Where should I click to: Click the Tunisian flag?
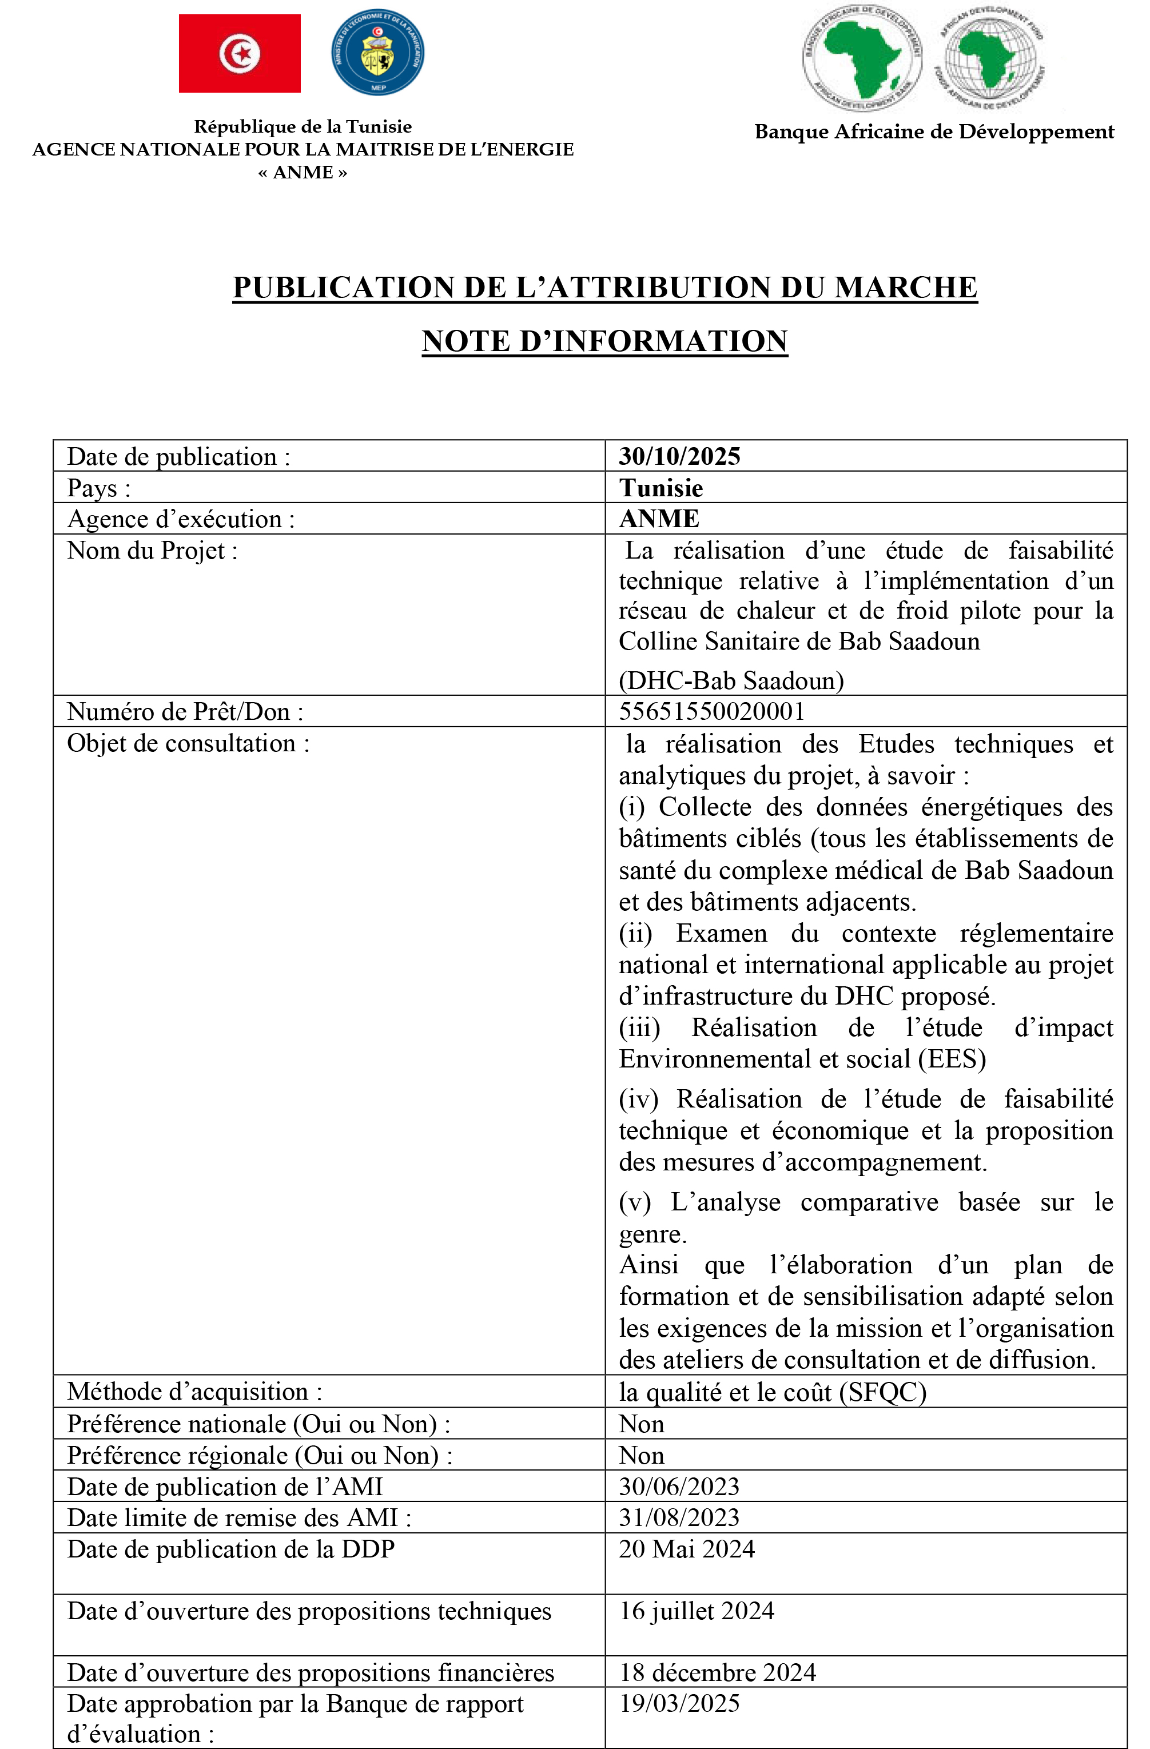pos(240,54)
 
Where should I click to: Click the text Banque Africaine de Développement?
pos(934,132)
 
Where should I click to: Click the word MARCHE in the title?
pos(905,288)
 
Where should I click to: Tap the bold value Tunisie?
pos(660,488)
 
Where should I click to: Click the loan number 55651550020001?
pos(711,711)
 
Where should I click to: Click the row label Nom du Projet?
pos(152,551)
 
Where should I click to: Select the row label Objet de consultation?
pos(188,744)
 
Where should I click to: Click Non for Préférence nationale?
pos(641,1424)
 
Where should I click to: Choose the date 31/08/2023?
pos(679,1517)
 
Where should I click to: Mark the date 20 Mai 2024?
pos(686,1549)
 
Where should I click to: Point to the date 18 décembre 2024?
pos(717,1672)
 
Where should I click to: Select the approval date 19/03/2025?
pos(679,1703)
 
